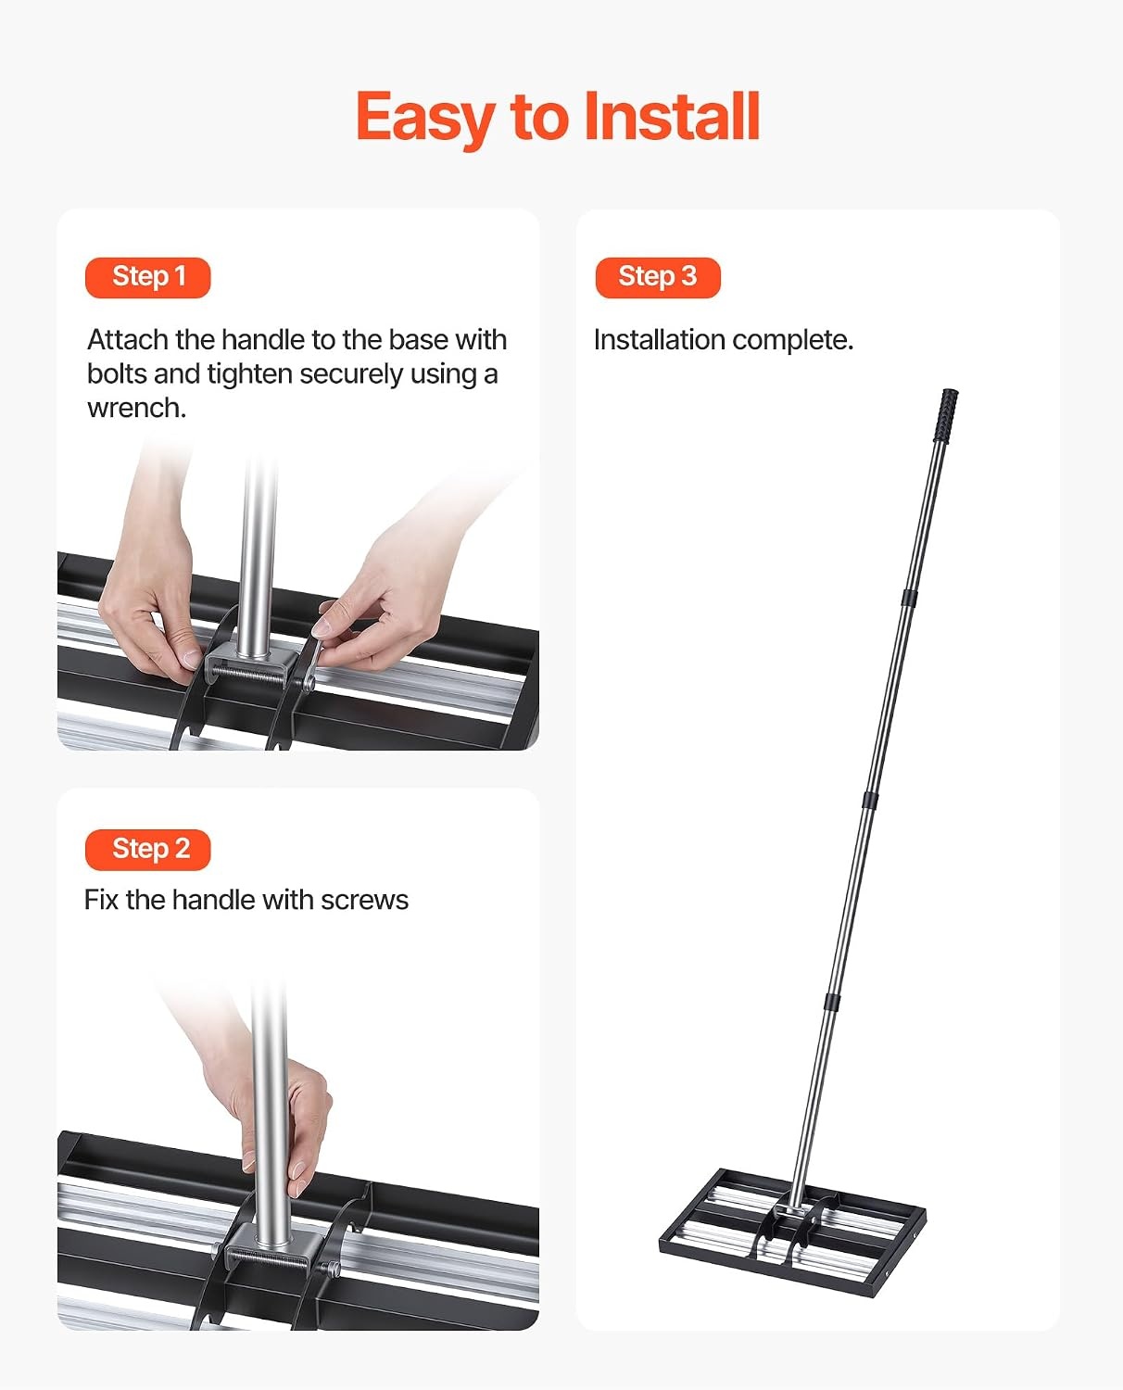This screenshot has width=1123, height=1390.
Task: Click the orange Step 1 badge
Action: (x=147, y=277)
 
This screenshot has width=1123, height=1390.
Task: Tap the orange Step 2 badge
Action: (x=147, y=850)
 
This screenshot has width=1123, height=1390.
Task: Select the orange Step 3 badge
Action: (x=658, y=277)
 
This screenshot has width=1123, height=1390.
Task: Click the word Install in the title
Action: (x=672, y=117)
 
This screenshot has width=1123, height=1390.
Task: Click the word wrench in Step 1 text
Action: (x=134, y=408)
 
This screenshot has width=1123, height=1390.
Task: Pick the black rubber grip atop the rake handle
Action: (x=948, y=415)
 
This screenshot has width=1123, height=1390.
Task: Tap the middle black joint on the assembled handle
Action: (x=870, y=800)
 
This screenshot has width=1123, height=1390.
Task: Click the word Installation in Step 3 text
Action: (x=660, y=340)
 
